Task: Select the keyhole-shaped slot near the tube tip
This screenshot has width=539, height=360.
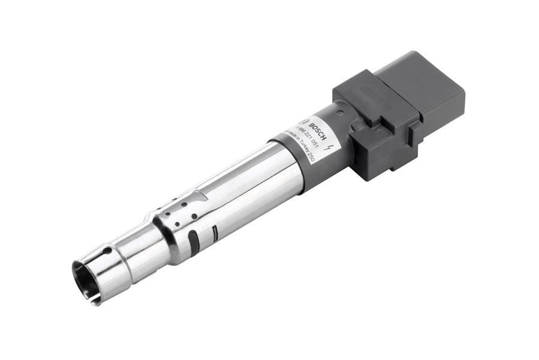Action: click(108, 251)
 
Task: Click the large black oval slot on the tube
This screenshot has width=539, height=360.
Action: click(194, 240)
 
